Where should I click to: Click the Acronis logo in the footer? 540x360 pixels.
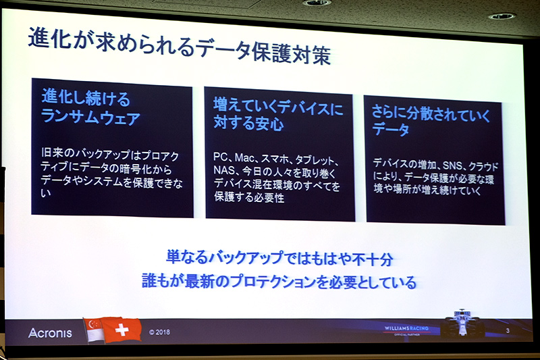point(50,333)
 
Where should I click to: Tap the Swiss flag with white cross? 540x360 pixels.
point(122,330)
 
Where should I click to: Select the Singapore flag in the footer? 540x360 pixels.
point(93,330)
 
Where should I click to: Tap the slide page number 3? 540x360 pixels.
point(507,330)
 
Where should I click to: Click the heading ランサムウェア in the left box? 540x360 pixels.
point(90,118)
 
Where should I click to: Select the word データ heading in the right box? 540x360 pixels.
point(391,130)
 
